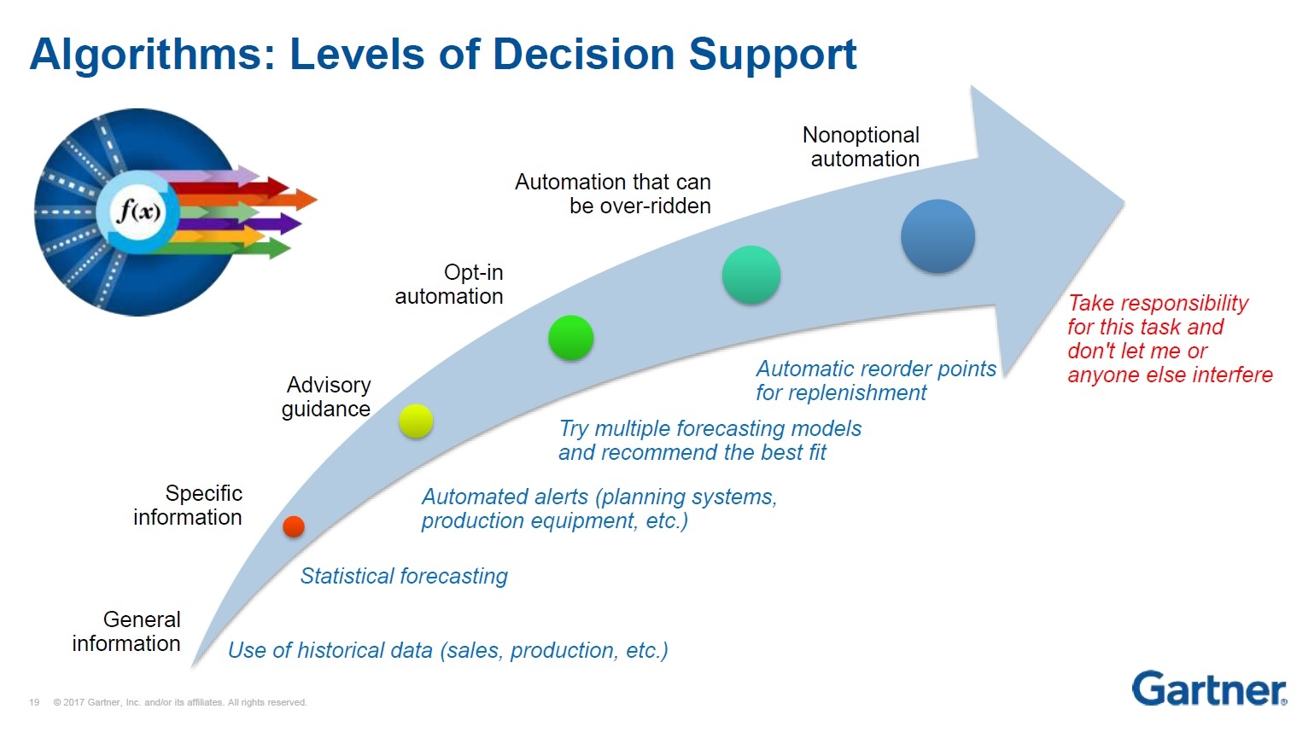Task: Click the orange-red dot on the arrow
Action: pyautogui.click(x=294, y=526)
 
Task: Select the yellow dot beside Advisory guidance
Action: pyautogui.click(x=416, y=421)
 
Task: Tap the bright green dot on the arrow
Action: pyautogui.click(x=571, y=337)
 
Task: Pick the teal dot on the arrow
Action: pyautogui.click(x=751, y=275)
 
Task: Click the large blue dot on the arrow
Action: pyautogui.click(x=937, y=236)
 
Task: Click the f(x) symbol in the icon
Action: pyautogui.click(x=138, y=210)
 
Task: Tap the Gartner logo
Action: pyautogui.click(x=1209, y=689)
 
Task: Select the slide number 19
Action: pyautogui.click(x=34, y=702)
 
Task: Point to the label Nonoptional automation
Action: pyautogui.click(x=862, y=147)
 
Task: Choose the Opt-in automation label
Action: pyautogui.click(x=450, y=284)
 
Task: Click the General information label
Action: pyautogui.click(x=127, y=631)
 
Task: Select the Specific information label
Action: pyautogui.click(x=189, y=505)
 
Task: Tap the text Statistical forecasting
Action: pyautogui.click(x=404, y=576)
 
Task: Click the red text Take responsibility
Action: pyautogui.click(x=1158, y=303)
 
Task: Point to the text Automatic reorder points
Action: pyautogui.click(x=876, y=369)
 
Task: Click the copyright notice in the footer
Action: pyautogui.click(x=180, y=702)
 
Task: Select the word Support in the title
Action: pyautogui.click(x=772, y=54)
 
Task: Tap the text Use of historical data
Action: pyautogui.click(x=330, y=650)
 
